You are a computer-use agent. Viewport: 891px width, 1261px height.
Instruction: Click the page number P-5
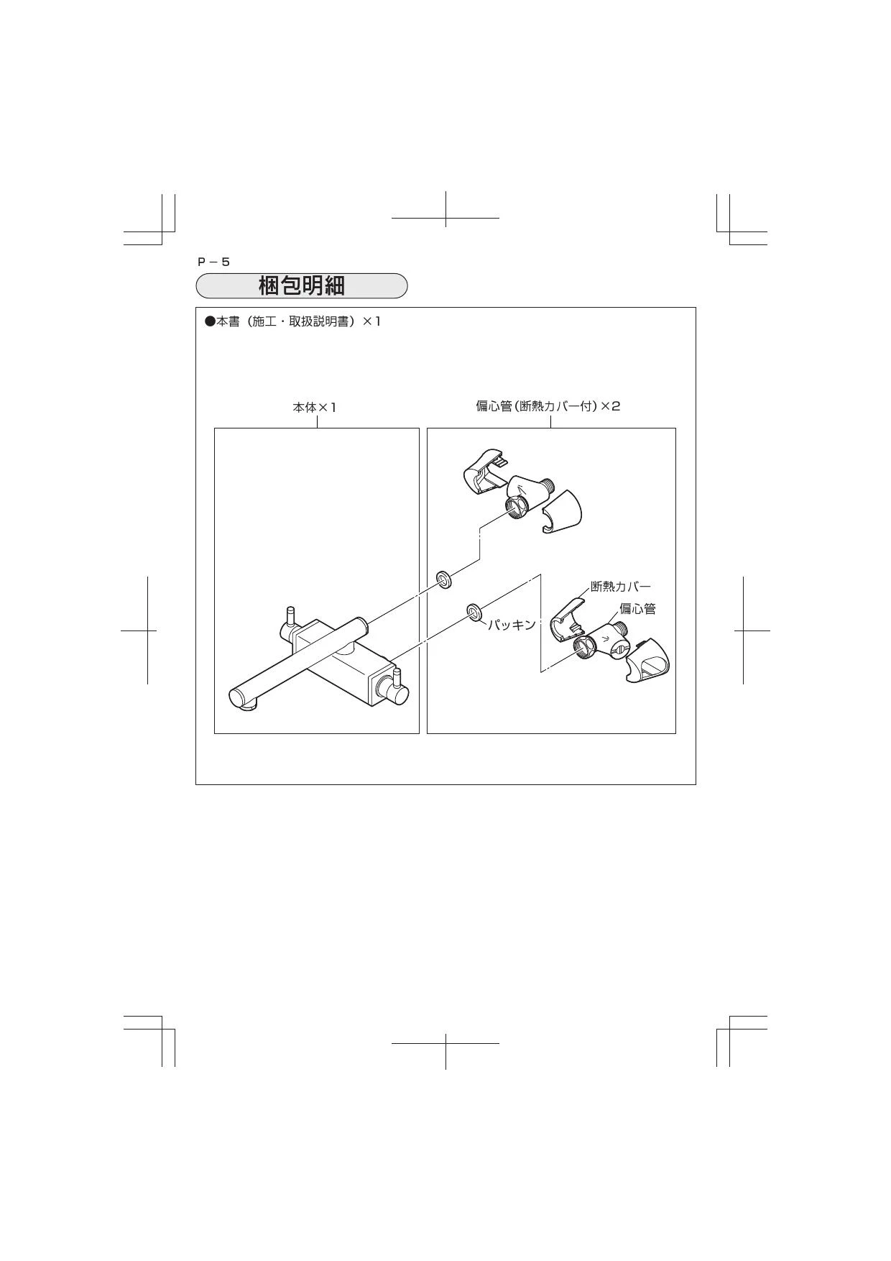213,262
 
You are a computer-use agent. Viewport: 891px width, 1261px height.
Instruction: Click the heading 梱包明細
302,285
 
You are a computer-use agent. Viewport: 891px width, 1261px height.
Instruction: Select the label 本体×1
314,407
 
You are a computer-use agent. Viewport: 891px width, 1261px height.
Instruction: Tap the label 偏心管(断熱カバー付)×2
548,406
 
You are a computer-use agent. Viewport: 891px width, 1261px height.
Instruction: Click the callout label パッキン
512,625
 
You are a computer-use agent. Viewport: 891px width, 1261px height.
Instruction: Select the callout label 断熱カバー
621,587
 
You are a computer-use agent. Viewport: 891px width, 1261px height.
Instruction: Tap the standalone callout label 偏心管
637,609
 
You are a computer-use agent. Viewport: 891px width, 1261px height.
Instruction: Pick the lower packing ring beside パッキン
474,612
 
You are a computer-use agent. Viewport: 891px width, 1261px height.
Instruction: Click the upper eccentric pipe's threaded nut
517,507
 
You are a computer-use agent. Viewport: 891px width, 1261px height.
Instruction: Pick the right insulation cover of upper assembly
562,513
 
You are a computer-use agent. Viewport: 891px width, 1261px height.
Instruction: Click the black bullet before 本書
210,321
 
